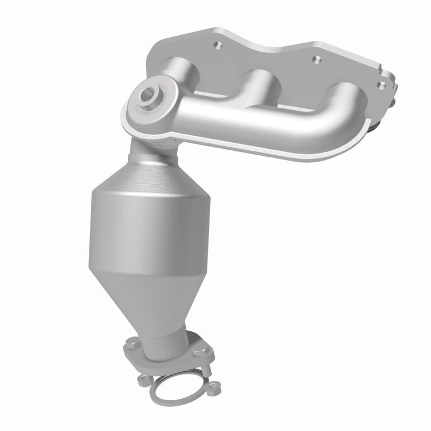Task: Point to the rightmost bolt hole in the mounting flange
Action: pos(381,84)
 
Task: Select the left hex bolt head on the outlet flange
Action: pos(132,341)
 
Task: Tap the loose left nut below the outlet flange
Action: pos(142,380)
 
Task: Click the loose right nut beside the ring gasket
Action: pos(215,385)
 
